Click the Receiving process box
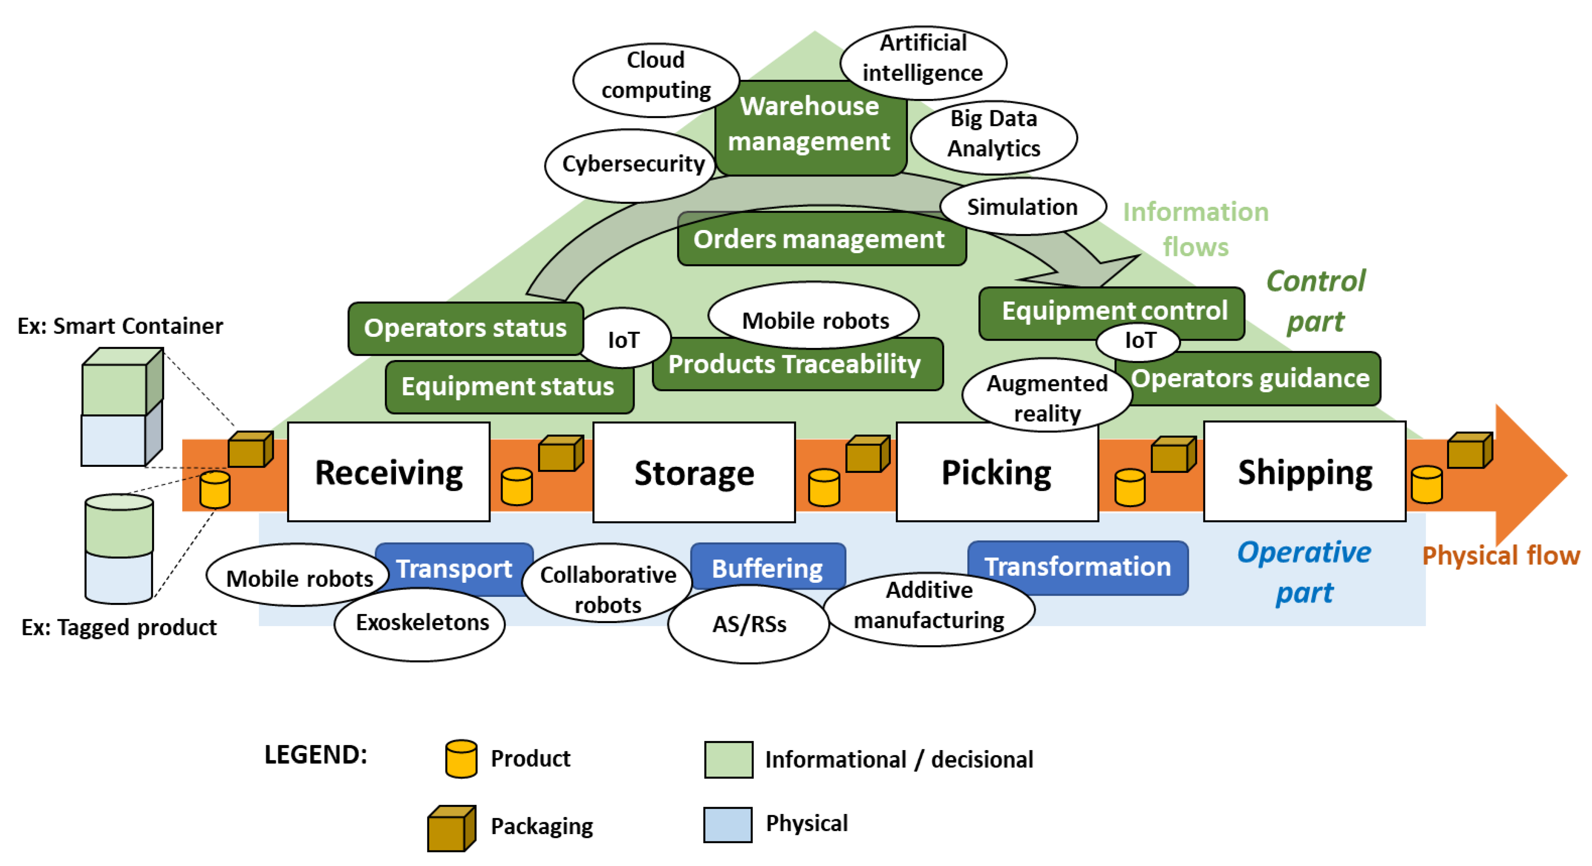click(388, 472)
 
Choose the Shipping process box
click(1304, 472)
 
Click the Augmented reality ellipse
click(1047, 397)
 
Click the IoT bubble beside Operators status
click(624, 339)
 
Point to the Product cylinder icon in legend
click(461, 758)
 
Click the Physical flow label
click(1500, 555)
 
